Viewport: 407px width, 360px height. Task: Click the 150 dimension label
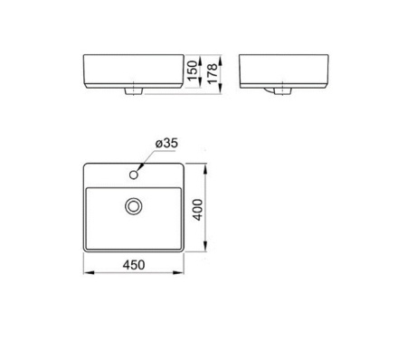(x=193, y=71)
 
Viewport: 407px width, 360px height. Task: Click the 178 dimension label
(x=213, y=73)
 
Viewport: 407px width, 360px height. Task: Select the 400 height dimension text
(x=197, y=210)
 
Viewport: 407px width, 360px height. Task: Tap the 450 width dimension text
(x=134, y=265)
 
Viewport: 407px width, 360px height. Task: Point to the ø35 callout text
(x=166, y=143)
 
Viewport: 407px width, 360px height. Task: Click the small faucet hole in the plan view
(x=134, y=175)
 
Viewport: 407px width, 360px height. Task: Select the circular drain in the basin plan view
(x=133, y=206)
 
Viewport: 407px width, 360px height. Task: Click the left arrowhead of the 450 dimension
(x=89, y=272)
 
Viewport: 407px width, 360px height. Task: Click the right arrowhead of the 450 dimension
(x=178, y=272)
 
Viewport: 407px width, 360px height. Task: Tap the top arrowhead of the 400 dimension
(x=205, y=169)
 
